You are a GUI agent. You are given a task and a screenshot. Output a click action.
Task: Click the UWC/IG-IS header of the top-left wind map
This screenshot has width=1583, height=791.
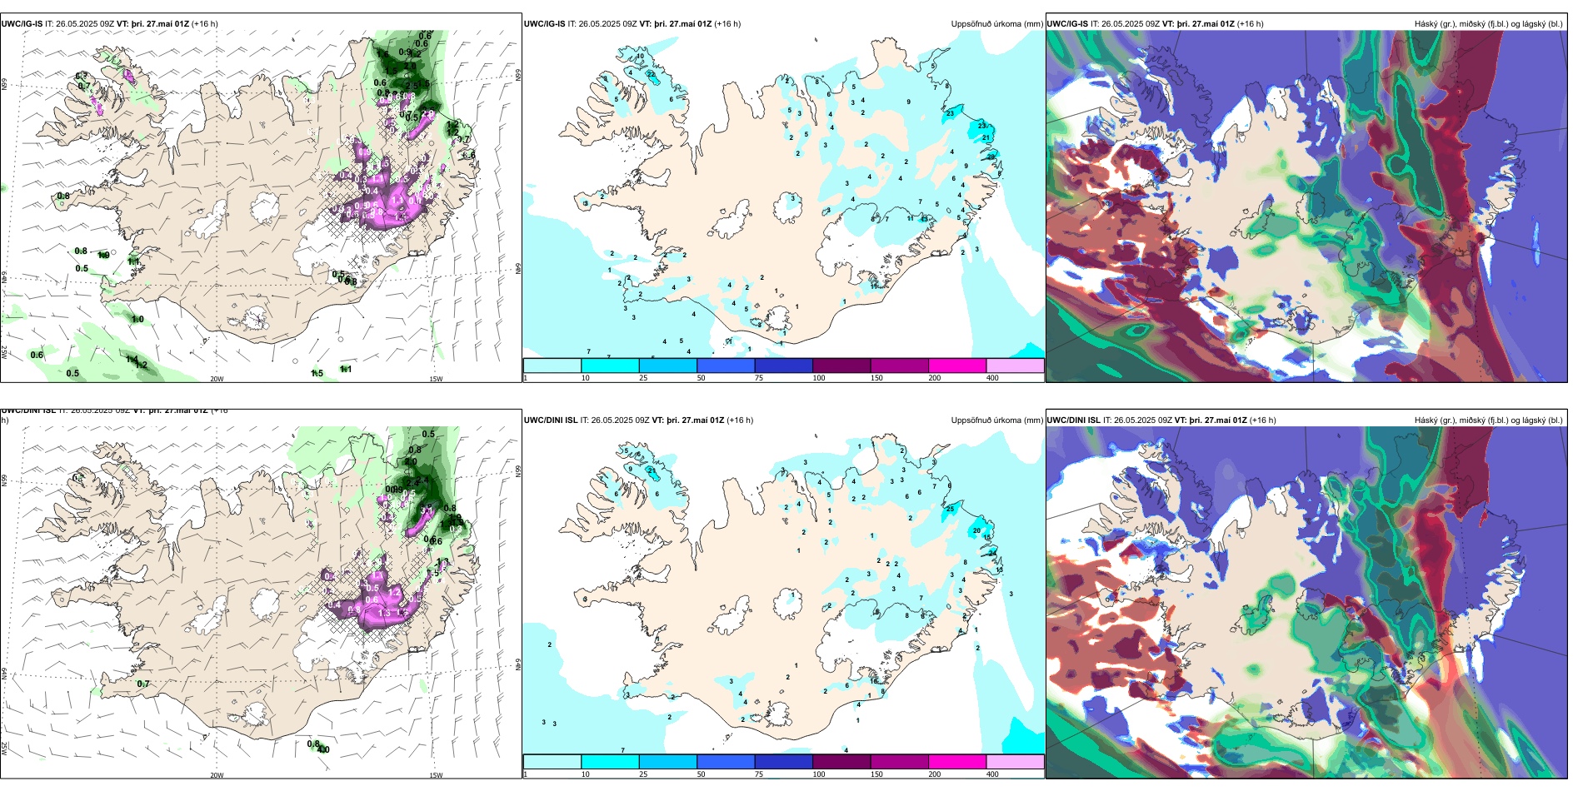pyautogui.click(x=22, y=24)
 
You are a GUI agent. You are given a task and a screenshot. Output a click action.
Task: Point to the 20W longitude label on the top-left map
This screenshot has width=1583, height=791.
pyautogui.click(x=217, y=379)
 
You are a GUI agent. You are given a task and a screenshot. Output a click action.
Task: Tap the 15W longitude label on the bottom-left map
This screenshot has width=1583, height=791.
pyautogui.click(x=436, y=775)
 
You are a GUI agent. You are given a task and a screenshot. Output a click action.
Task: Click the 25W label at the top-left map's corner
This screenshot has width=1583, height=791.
pyautogui.click(x=4, y=352)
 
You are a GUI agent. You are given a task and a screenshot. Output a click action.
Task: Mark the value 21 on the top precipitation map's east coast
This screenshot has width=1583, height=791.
pyautogui.click(x=986, y=137)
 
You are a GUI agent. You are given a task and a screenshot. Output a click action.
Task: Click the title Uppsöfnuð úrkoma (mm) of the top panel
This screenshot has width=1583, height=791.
pyautogui.click(x=996, y=24)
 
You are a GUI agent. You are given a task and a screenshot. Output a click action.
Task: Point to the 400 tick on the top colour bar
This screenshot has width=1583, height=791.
pyautogui.click(x=992, y=378)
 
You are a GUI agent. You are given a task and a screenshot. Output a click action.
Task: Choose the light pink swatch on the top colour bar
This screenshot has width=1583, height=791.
pyautogui.click(x=1015, y=366)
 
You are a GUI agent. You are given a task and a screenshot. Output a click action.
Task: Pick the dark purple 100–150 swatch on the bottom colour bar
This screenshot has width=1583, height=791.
pyautogui.click(x=841, y=762)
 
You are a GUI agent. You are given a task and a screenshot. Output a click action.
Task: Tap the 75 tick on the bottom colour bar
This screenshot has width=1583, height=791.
pyautogui.click(x=759, y=774)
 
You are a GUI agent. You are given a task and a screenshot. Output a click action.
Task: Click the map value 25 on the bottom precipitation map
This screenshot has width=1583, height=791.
pyautogui.click(x=950, y=509)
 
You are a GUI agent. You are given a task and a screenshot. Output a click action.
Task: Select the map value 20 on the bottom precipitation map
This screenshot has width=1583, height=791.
pyautogui.click(x=977, y=530)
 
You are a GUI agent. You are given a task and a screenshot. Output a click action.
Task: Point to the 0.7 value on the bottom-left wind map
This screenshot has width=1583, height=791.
pyautogui.click(x=143, y=684)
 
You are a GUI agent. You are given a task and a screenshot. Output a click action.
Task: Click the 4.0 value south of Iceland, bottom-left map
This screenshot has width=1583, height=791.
pyautogui.click(x=323, y=749)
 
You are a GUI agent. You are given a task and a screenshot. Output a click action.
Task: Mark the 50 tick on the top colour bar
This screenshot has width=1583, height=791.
pyautogui.click(x=701, y=378)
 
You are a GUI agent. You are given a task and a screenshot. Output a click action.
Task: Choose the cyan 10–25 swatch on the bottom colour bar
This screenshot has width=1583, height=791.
pyautogui.click(x=610, y=762)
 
